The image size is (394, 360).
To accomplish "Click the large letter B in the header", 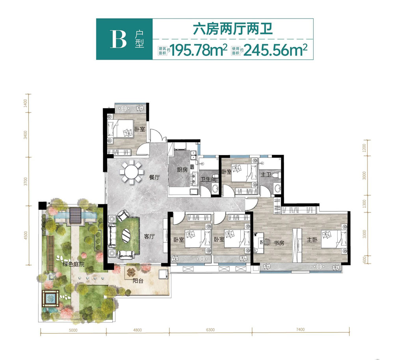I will click(118, 39).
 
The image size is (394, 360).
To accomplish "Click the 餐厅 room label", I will click(154, 177).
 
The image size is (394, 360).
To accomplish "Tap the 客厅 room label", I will click(149, 237).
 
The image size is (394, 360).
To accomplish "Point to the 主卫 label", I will click(266, 174).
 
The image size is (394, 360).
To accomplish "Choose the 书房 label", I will click(279, 243).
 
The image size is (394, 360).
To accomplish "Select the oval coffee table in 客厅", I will click(127, 235).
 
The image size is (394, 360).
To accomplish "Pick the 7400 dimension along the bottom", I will click(300, 330).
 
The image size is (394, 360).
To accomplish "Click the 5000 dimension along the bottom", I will click(72, 330).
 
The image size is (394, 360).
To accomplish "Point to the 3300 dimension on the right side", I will click(364, 234).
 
